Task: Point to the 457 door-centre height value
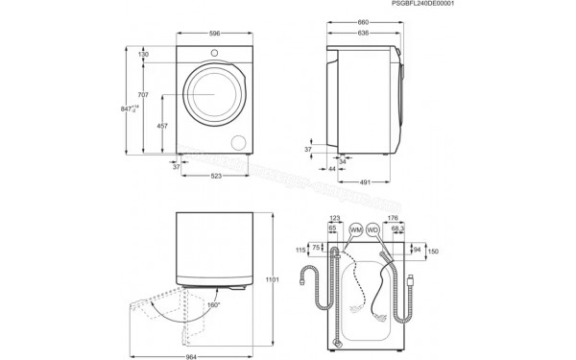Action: tap(165, 127)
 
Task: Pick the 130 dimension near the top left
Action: tap(143, 55)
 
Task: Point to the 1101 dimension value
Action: tap(271, 280)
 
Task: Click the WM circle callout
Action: tap(356, 231)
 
